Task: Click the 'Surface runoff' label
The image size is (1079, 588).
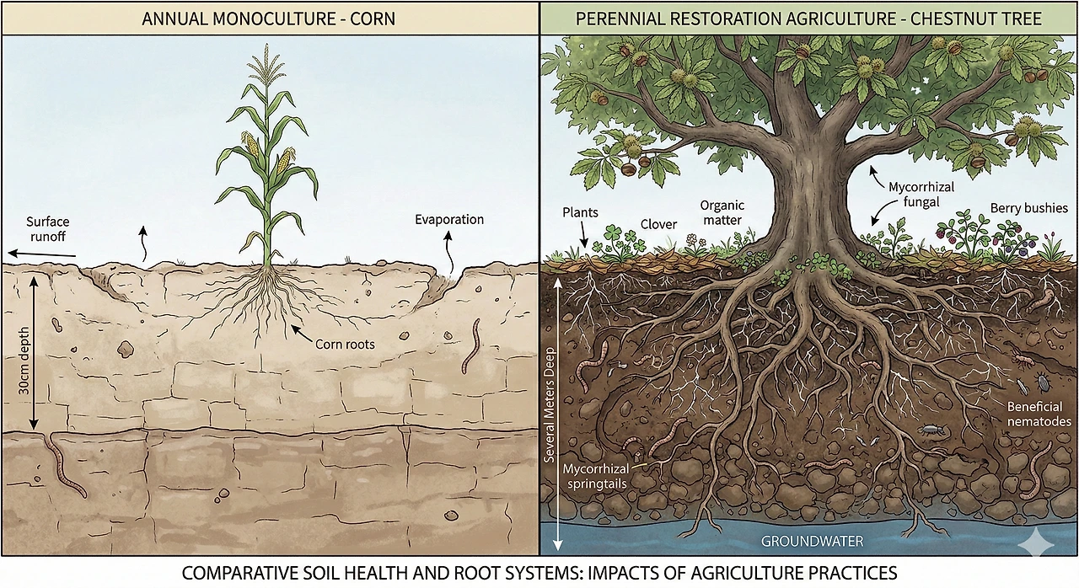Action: coord(47,229)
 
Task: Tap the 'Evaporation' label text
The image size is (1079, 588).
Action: coord(449,220)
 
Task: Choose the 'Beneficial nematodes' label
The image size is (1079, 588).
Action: coord(1039,414)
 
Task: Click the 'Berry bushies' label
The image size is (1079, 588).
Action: coord(1028,207)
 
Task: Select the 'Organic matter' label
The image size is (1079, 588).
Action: coord(721,212)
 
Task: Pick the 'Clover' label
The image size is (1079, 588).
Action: coord(658,224)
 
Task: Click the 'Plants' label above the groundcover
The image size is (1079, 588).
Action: coord(580,211)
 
